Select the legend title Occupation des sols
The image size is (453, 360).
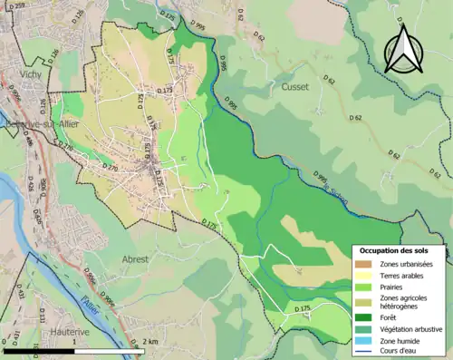400,250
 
